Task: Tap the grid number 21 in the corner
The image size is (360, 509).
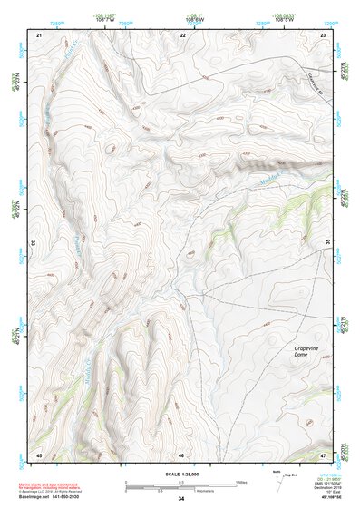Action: [39, 34]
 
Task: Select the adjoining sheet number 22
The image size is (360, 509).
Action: [182, 34]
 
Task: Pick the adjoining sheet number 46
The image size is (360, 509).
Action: [181, 455]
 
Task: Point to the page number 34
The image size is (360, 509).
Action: [181, 499]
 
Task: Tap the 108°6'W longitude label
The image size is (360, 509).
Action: [194, 19]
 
